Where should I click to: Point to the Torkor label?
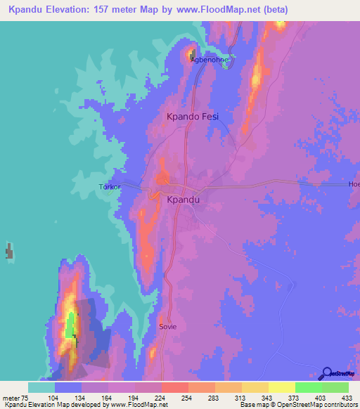[x=109, y=188]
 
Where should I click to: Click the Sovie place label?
[x=168, y=327]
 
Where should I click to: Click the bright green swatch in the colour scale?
[x=308, y=387]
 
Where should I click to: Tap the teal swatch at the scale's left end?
[x=41, y=387]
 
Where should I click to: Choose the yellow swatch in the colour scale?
[x=281, y=387]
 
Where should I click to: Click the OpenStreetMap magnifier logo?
[x=326, y=373]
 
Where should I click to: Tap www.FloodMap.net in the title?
[x=214, y=10]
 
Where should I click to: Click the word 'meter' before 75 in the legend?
[x=12, y=397]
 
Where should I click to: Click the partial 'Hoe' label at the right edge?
[x=354, y=184]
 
